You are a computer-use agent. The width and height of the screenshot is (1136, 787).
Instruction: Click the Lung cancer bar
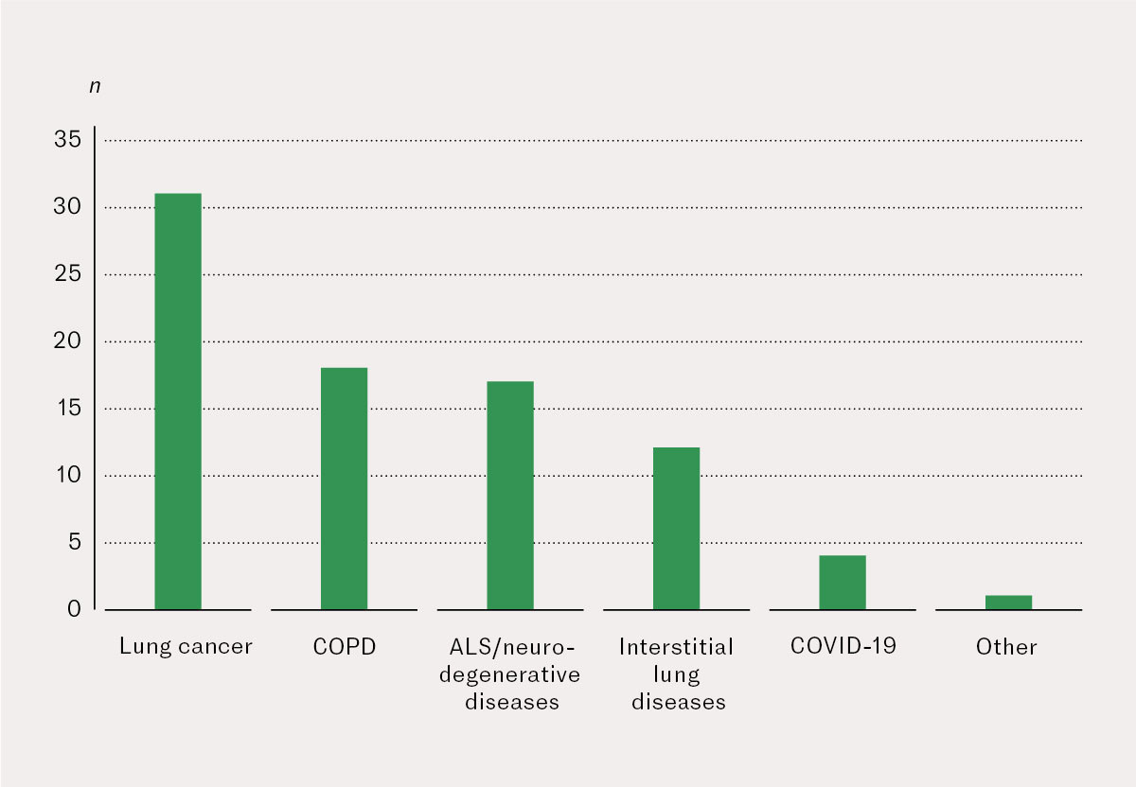(x=178, y=401)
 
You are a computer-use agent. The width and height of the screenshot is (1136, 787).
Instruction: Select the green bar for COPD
(x=344, y=488)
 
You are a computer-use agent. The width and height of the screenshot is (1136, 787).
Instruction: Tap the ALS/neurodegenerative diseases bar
(x=510, y=495)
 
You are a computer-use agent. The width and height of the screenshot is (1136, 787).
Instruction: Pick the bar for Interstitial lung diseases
(x=676, y=528)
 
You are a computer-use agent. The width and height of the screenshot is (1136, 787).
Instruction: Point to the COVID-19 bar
(x=843, y=582)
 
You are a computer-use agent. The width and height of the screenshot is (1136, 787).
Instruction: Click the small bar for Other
(x=1008, y=602)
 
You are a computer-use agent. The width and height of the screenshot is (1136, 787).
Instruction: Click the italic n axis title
(x=95, y=86)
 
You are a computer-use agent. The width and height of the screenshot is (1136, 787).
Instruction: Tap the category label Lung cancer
(x=186, y=647)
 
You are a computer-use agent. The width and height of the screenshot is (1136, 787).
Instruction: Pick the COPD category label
(x=344, y=647)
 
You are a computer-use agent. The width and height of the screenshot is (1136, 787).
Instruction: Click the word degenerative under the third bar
(x=512, y=674)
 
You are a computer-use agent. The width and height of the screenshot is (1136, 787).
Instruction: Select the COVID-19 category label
(x=843, y=646)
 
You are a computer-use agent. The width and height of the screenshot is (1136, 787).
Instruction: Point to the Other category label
(x=1006, y=647)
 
